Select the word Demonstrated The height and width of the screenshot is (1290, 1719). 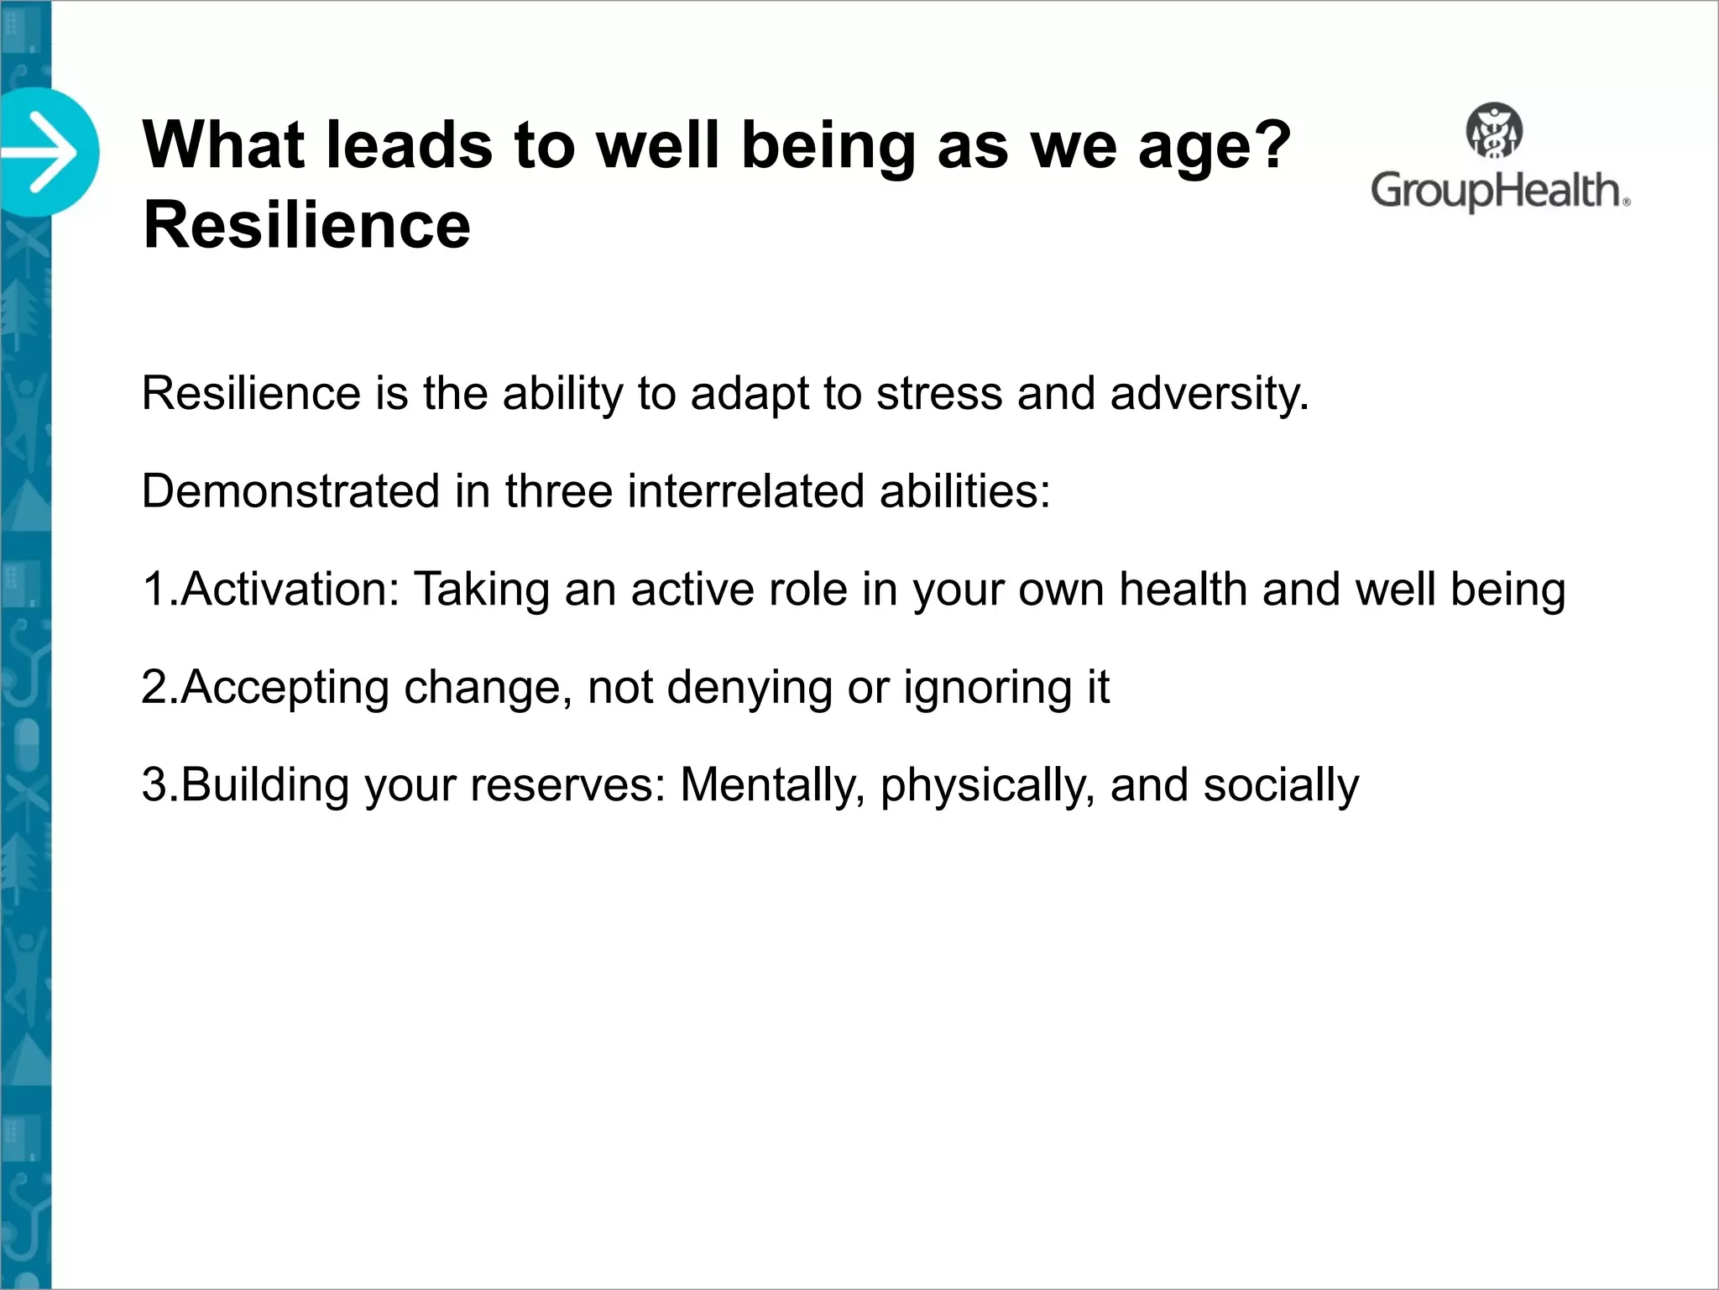tap(290, 490)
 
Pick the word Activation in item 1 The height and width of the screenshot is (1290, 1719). tap(290, 589)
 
